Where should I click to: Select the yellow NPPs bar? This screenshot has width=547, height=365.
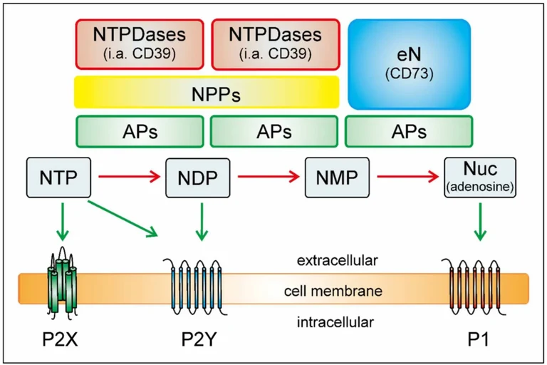pos(206,93)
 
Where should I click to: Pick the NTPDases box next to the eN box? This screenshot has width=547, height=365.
pos(275,43)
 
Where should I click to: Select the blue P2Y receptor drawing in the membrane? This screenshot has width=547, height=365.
pos(197,291)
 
